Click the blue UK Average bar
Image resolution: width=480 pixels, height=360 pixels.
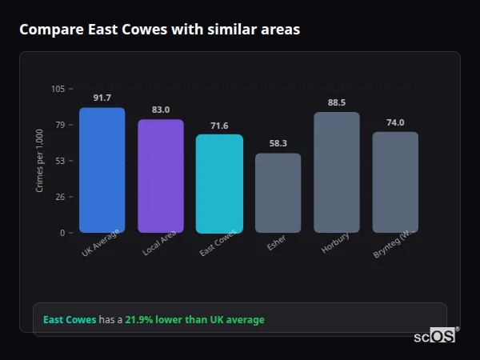[102, 170]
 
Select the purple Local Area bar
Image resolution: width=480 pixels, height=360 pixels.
[161, 176]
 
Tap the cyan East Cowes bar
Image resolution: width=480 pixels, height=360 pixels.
[219, 183]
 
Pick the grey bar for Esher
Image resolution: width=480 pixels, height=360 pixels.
[278, 193]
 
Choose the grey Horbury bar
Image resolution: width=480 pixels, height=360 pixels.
[336, 172]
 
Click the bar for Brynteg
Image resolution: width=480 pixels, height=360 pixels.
[395, 182]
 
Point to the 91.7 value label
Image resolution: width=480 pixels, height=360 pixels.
[102, 98]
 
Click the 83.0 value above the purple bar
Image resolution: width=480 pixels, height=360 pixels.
[161, 110]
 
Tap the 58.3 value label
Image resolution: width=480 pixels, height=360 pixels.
[278, 143]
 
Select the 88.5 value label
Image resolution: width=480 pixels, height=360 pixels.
[336, 102]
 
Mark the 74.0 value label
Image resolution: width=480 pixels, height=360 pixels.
[395, 122]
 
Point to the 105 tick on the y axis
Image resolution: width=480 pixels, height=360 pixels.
[58, 89]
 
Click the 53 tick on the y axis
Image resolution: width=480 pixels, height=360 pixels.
[60, 161]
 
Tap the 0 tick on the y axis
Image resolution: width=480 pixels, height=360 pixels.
[62, 233]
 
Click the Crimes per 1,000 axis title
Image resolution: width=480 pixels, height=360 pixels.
[40, 161]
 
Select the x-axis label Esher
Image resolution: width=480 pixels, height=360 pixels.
[276, 243]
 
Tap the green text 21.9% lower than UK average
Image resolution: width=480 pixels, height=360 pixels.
[194, 320]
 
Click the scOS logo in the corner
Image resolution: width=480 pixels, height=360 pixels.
[435, 336]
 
